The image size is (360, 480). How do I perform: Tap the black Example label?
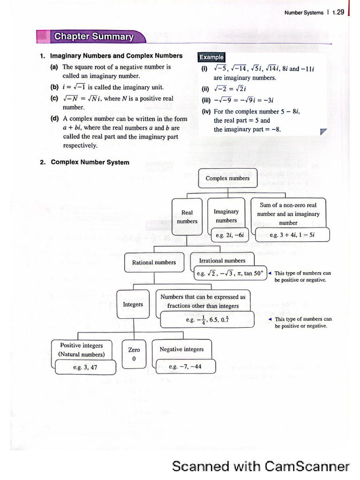[x=211, y=57]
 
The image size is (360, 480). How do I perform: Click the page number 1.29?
[x=337, y=13]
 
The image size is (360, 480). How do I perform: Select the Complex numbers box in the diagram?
[x=228, y=178]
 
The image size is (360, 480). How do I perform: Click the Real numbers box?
[x=187, y=217]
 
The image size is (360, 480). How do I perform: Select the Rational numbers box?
[x=154, y=262]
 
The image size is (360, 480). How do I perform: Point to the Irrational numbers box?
[x=222, y=260]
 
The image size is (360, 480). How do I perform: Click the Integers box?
[x=133, y=304]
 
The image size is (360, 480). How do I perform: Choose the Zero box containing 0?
[x=134, y=354]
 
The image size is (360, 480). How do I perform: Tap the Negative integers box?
[x=182, y=349]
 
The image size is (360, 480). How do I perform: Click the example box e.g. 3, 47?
[x=85, y=367]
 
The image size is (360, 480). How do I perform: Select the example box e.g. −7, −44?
[x=185, y=367]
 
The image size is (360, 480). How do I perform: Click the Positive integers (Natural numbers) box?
[x=82, y=350]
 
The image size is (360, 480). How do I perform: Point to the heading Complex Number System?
[x=90, y=162]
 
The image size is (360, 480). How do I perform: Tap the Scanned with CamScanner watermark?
[x=261, y=466]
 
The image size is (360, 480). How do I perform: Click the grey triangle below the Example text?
[x=322, y=133]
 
